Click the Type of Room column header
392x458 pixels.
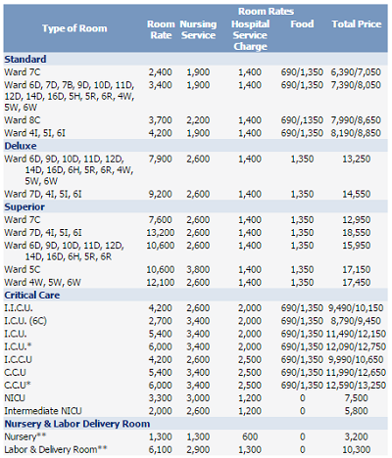[74, 28]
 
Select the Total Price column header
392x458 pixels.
[357, 24]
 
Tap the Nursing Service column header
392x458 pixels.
[198, 29]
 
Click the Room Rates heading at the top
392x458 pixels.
[266, 12]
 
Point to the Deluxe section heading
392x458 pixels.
[21, 146]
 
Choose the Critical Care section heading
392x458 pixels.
[32, 296]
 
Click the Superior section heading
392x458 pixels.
[24, 206]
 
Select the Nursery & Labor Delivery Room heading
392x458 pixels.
[77, 424]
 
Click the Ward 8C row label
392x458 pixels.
[23, 120]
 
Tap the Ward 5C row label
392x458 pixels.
[23, 269]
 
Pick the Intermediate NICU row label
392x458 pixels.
[43, 411]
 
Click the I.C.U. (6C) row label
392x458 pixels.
[25, 321]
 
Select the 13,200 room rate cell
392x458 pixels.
[160, 233]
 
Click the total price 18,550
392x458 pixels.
[357, 233]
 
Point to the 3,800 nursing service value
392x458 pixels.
[198, 269]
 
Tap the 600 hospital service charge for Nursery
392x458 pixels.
[250, 436]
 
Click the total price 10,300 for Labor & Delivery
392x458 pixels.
[357, 449]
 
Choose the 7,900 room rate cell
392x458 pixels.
[160, 159]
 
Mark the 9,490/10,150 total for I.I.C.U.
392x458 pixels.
[356, 308]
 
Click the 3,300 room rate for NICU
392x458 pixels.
[160, 398]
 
